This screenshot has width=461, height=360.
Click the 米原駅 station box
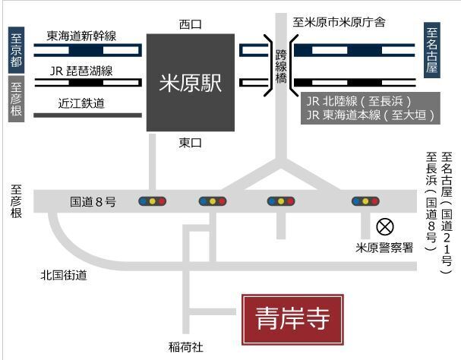pos(191,82)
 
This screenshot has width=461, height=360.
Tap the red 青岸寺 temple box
pos(293,320)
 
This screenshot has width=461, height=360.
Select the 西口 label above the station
pos(191,24)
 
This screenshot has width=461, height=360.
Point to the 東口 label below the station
pos(191,143)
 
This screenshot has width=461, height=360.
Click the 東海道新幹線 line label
pos(81,36)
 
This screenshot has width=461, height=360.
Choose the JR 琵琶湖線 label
pos(81,71)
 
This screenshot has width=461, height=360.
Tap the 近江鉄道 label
pos(81,103)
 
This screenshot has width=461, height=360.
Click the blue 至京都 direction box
pos(16,50)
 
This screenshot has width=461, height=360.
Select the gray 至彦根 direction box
pos(16,99)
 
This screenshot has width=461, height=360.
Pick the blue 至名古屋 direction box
pos(432,50)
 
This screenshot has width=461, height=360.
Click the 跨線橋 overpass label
pos(281,67)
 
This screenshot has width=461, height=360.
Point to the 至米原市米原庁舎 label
pos(339,22)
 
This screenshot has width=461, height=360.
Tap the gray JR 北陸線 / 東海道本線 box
pos(371,108)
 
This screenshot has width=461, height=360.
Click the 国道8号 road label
pos(93,202)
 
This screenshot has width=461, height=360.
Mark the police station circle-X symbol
pos(385,227)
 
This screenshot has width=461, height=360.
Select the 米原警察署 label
pos(384,248)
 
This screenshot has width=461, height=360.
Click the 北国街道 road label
pos(64,275)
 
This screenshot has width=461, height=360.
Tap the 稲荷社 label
pos(186,347)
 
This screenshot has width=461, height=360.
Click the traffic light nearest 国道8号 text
pos(153,201)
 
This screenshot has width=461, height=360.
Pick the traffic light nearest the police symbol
pos(365,201)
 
